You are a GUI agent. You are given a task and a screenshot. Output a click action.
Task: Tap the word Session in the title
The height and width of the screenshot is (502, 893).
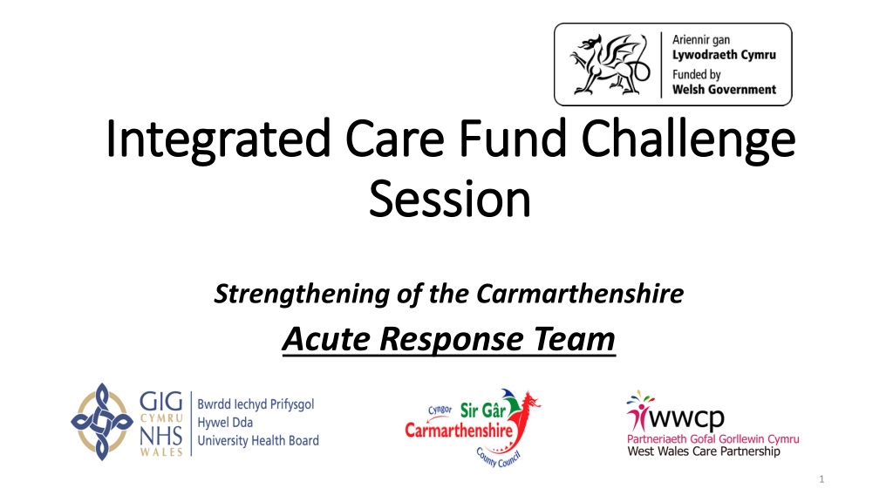450,199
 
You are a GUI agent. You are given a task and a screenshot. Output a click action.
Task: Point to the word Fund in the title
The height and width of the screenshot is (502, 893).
513,138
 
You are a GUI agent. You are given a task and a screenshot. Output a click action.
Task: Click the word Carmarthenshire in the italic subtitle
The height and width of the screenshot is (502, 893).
580,294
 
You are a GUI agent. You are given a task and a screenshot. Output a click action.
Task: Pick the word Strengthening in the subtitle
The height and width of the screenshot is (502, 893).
302,295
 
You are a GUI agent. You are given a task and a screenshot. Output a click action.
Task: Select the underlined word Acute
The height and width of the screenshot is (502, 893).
326,339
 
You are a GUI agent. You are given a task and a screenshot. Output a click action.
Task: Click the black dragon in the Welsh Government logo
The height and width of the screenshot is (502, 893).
610,64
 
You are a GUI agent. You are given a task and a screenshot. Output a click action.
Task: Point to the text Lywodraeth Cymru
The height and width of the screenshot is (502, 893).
724,55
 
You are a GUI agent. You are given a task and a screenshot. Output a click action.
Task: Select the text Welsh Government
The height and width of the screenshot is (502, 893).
724,90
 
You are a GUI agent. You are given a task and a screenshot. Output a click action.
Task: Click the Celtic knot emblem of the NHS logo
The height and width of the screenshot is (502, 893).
102,422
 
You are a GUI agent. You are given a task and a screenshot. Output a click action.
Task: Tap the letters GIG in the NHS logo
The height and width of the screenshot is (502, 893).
161,402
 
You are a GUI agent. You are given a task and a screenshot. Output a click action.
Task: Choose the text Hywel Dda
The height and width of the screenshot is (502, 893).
225,423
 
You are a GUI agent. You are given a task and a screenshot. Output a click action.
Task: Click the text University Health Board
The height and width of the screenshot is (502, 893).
258,440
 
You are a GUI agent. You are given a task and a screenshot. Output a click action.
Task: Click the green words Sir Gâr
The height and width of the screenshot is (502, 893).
483,410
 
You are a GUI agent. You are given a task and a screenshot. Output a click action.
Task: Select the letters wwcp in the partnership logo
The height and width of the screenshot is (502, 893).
686,419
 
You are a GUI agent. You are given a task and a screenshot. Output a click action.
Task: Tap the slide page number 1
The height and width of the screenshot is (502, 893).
821,479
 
